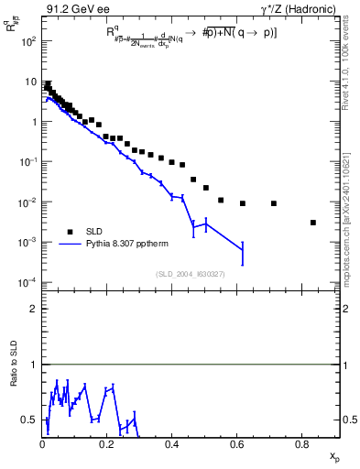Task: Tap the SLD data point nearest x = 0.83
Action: [x=313, y=223]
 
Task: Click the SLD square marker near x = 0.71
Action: [x=274, y=203]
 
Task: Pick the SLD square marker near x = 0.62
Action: [x=243, y=203]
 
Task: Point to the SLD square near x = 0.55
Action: [x=221, y=200]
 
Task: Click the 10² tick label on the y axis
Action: [x=28, y=41]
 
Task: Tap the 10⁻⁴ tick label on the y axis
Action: [x=28, y=282]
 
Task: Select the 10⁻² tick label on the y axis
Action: [x=28, y=202]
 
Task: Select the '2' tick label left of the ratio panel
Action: [x=33, y=310]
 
